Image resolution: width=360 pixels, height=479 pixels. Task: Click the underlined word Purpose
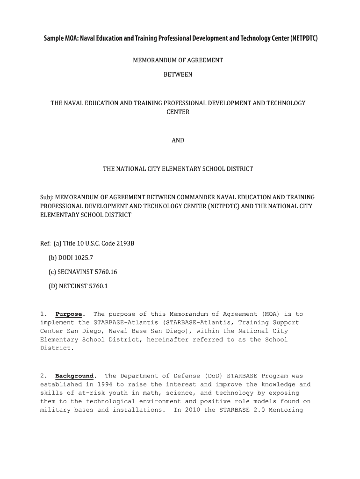[x=69, y=314]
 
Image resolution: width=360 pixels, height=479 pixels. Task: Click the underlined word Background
[x=74, y=376]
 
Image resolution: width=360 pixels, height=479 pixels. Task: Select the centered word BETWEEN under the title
[x=178, y=74]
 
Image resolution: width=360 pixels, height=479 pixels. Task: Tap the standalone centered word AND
[x=178, y=140]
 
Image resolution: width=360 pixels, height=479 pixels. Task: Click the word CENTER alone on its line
[x=178, y=112]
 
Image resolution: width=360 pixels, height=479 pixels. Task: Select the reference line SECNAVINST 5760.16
[x=82, y=272]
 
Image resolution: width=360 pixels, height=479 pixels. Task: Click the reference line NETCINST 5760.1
[x=78, y=286]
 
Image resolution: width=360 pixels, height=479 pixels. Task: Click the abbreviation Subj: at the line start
[x=47, y=197]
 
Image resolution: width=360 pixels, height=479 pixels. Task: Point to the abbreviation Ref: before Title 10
[x=46, y=244]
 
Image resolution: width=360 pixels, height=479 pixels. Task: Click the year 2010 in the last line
[x=193, y=410]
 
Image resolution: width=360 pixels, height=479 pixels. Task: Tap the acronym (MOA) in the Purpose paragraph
[x=271, y=314]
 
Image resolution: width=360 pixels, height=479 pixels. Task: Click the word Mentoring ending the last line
[x=286, y=410]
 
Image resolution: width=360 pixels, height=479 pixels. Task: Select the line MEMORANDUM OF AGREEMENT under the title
[x=178, y=60]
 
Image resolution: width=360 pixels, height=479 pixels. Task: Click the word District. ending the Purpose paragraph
[x=57, y=348]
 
